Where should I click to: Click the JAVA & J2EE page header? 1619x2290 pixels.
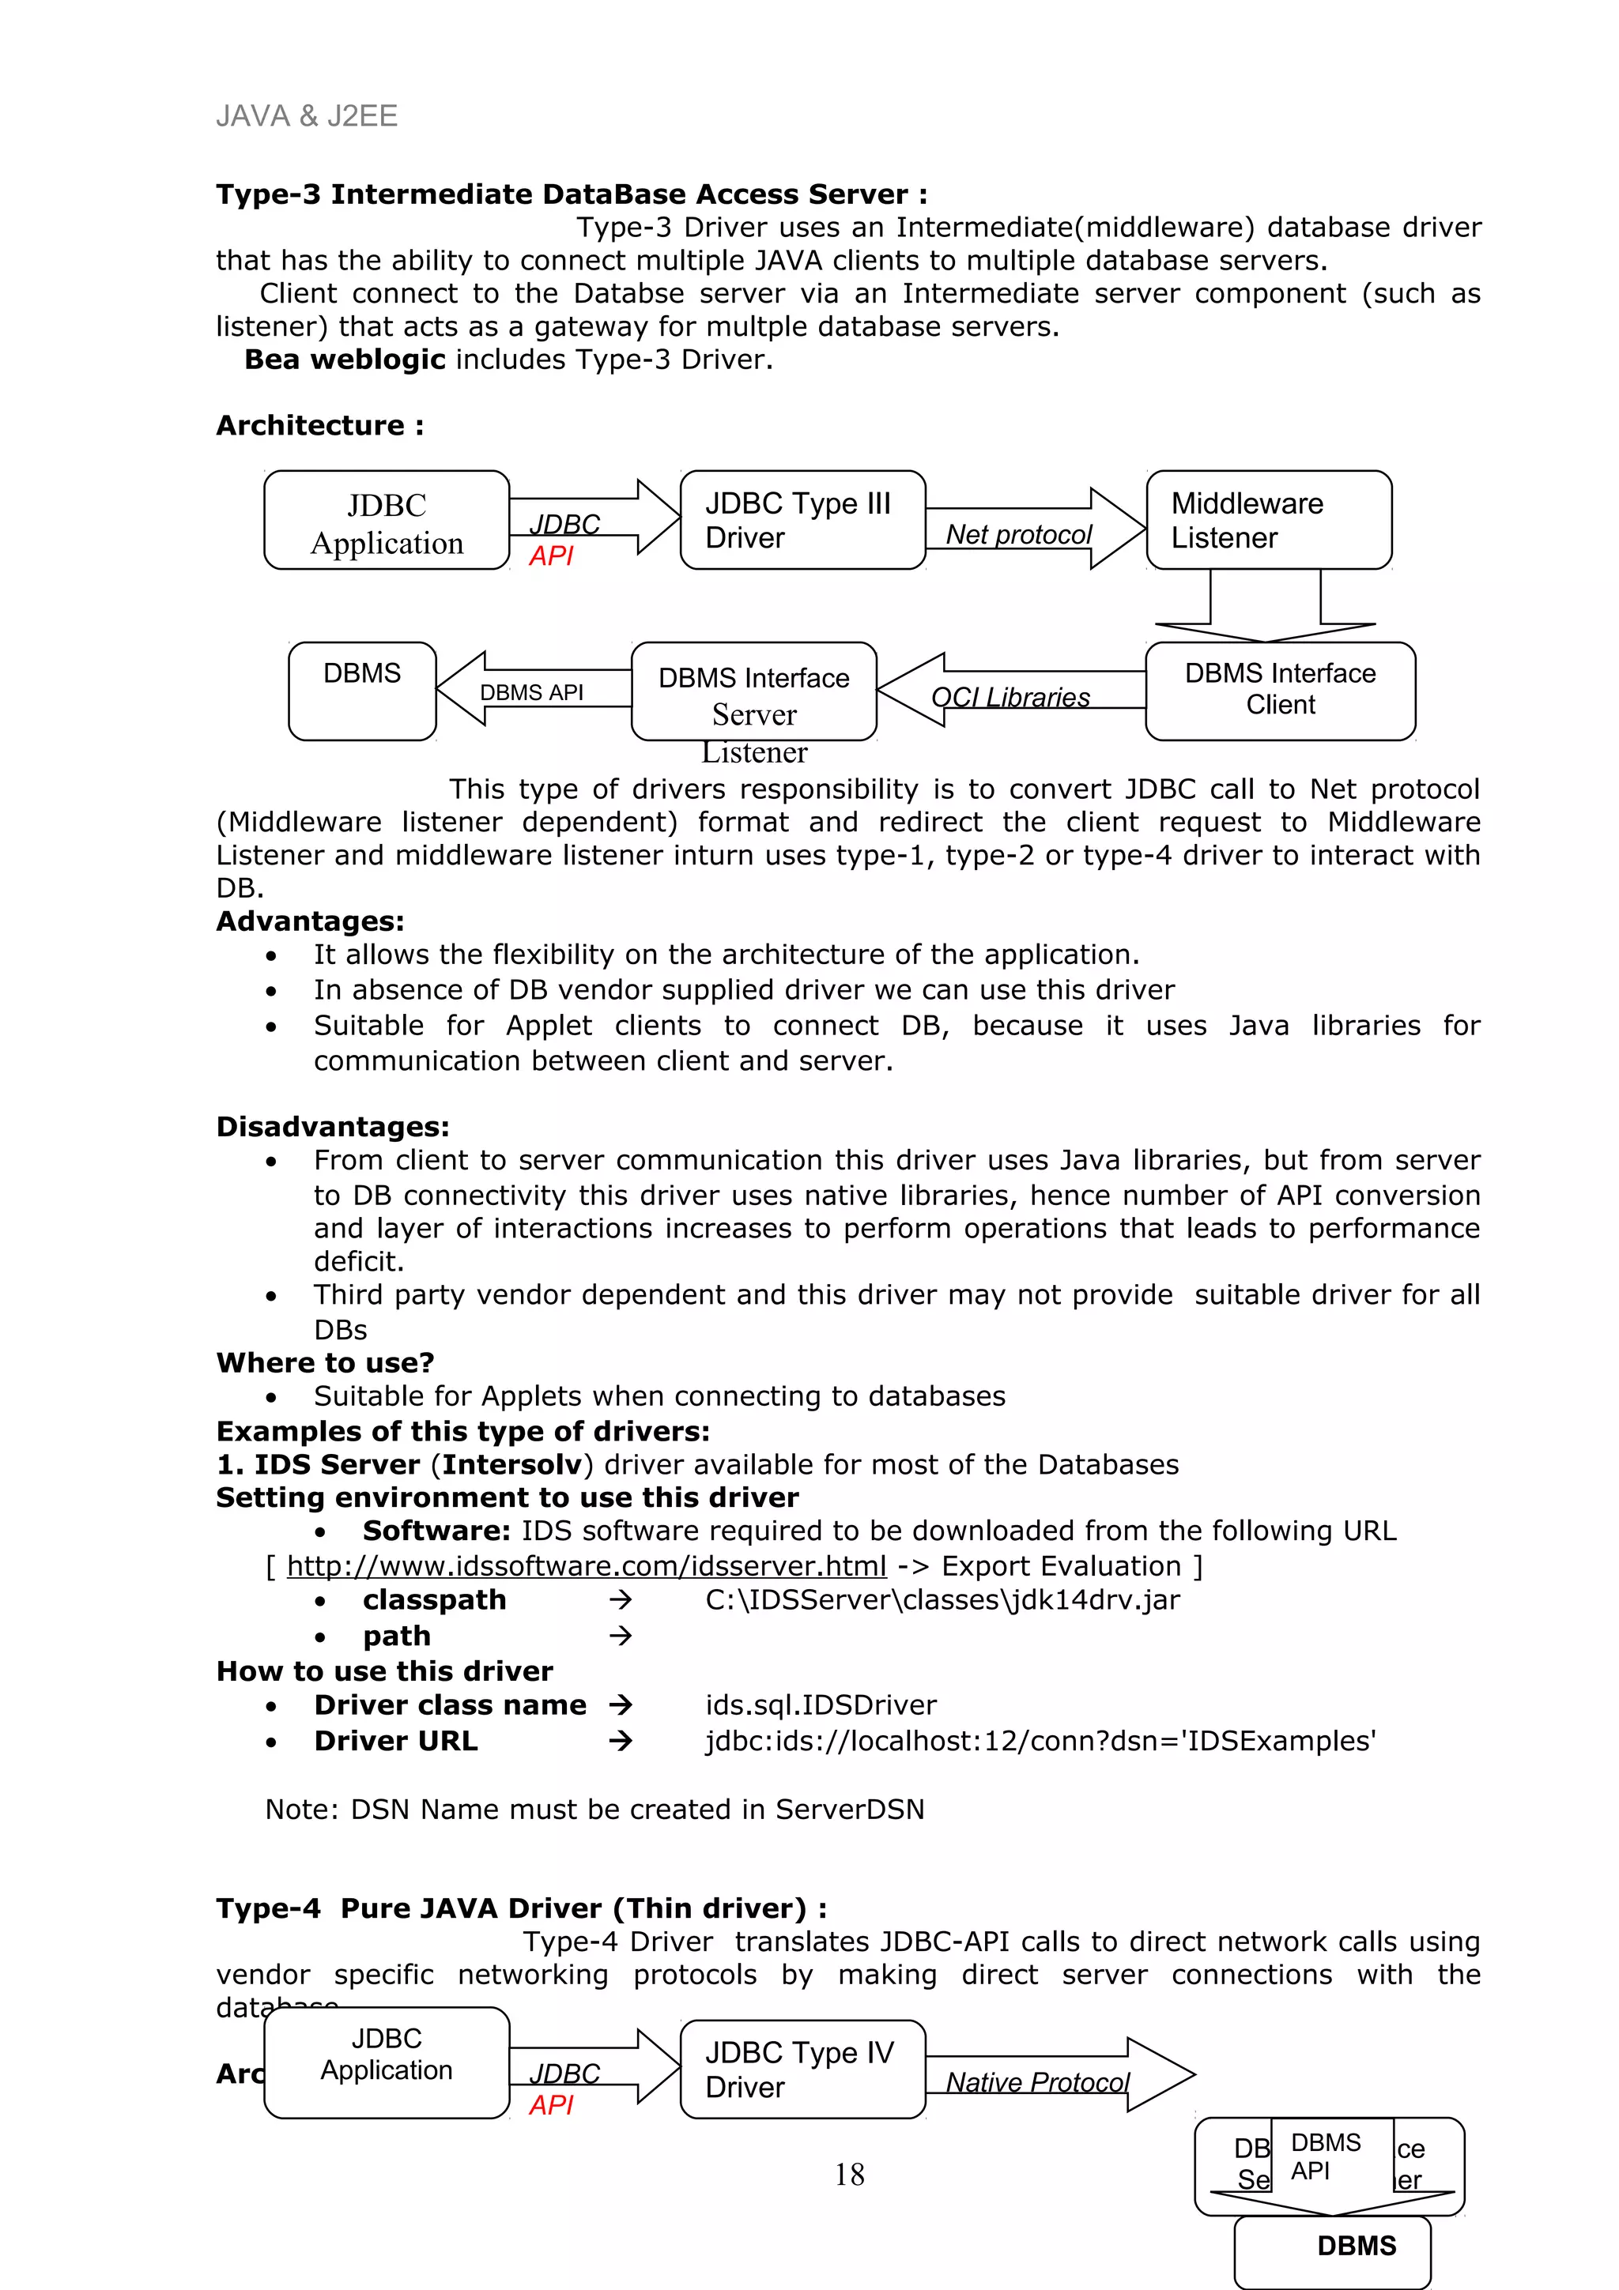click(306, 117)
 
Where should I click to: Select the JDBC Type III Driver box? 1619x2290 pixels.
click(802, 520)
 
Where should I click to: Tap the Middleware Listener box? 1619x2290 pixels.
click(1268, 520)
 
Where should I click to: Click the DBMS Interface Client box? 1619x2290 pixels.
click(1280, 690)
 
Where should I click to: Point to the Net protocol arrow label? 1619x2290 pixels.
click(1018, 535)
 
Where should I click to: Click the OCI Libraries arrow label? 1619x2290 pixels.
click(1010, 697)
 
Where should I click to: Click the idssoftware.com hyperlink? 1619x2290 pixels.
click(586, 1566)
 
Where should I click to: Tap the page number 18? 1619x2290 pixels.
click(849, 2175)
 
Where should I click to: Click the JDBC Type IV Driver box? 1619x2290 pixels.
click(802, 2069)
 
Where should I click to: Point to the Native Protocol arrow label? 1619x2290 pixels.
click(1036, 2082)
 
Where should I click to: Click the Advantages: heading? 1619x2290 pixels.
click(310, 921)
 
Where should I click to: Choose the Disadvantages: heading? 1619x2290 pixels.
click(332, 1127)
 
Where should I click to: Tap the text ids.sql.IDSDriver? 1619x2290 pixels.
click(820, 1704)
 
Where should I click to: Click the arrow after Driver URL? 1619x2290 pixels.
click(621, 1741)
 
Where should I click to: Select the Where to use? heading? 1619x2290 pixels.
click(325, 1362)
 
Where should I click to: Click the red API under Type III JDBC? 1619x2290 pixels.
click(551, 556)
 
